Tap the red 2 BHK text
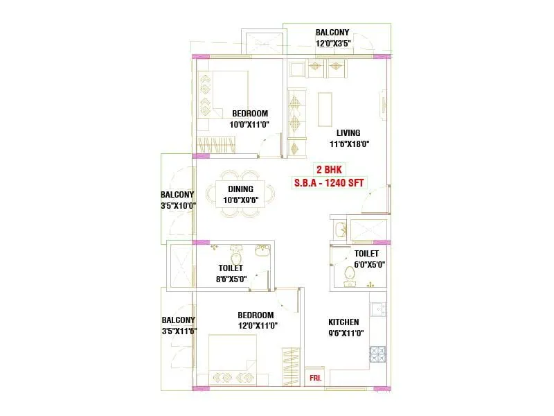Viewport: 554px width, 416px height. (330, 170)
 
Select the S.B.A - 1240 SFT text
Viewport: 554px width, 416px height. (330, 182)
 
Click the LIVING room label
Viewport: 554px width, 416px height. (348, 133)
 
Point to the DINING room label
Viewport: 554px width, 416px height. (240, 189)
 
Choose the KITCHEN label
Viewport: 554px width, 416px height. (343, 322)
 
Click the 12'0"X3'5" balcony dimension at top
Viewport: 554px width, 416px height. (333, 43)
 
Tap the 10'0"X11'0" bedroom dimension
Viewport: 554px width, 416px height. (250, 125)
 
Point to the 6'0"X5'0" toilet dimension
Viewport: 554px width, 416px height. (370, 264)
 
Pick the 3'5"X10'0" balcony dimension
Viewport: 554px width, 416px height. (177, 206)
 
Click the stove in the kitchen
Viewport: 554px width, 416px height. (377, 355)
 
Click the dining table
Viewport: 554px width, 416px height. (240, 194)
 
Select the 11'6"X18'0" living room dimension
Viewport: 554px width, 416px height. (349, 144)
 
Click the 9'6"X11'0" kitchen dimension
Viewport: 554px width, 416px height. (343, 333)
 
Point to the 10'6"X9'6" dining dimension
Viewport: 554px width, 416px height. (240, 200)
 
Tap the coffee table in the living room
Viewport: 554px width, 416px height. (325, 109)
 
